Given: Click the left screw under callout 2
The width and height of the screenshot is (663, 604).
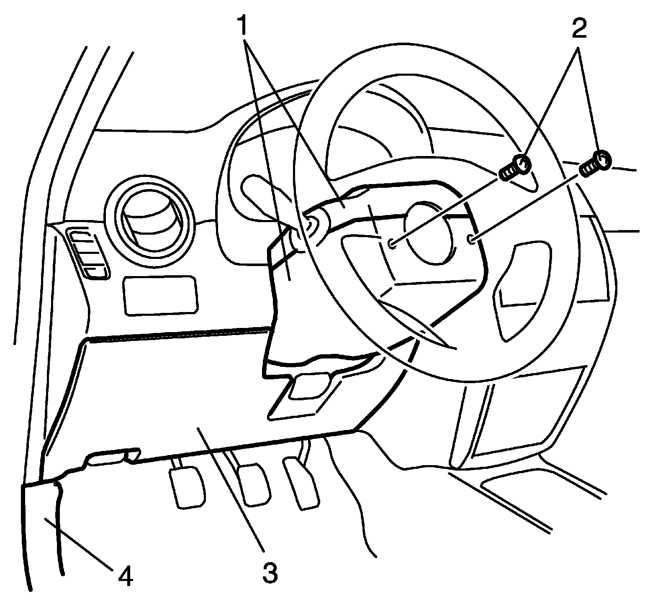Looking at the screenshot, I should tap(516, 167).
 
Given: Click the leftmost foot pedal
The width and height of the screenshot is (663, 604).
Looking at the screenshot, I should tap(187, 488).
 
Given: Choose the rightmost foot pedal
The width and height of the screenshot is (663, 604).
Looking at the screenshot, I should tap(301, 483).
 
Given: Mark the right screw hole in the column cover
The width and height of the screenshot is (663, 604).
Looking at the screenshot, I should tap(471, 239).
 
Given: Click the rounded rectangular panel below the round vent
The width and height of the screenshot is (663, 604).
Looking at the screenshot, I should tap(161, 295).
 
